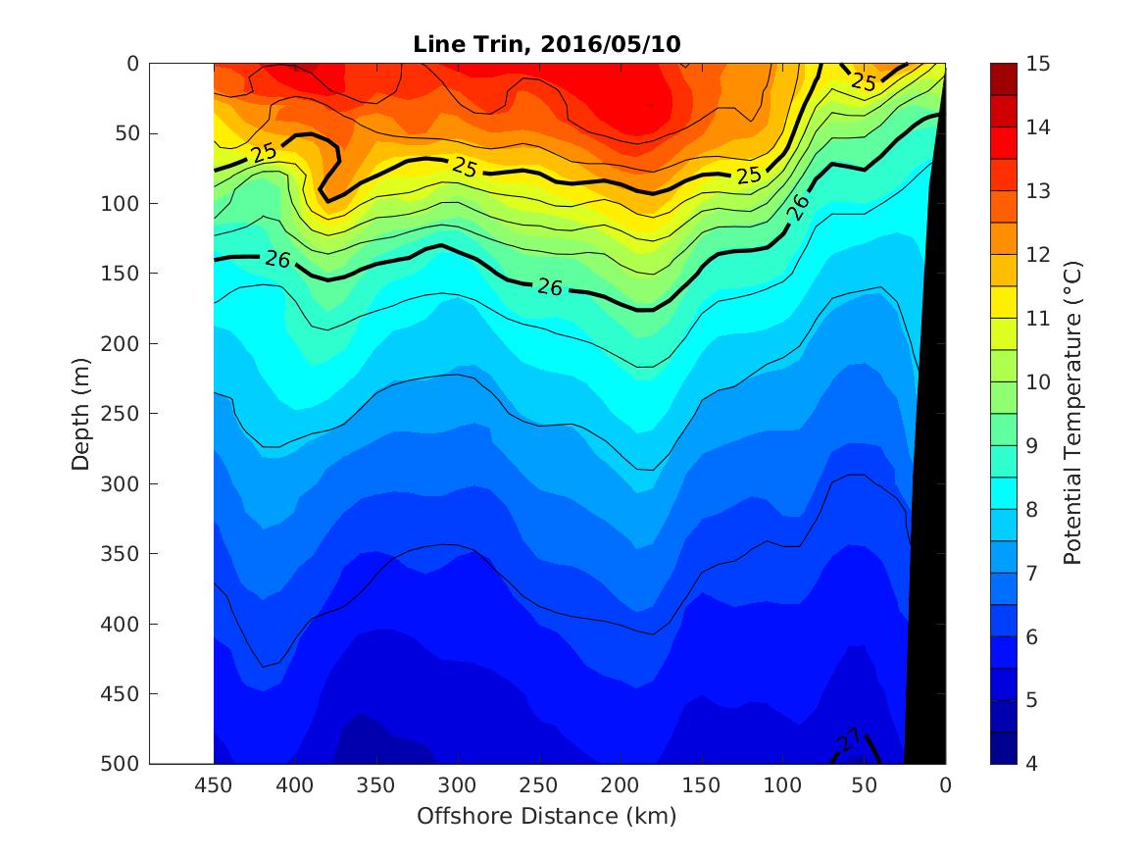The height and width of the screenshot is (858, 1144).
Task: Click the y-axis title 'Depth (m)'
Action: [81, 414]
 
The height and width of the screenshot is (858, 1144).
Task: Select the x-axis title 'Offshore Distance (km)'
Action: [546, 816]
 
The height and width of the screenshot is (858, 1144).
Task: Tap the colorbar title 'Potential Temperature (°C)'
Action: [1072, 414]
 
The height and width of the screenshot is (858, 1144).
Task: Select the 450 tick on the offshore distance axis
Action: [214, 784]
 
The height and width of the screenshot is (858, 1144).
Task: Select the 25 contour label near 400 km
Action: [264, 153]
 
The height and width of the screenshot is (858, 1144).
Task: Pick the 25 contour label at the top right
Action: [864, 82]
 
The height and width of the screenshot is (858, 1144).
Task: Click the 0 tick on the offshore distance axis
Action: [945, 784]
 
